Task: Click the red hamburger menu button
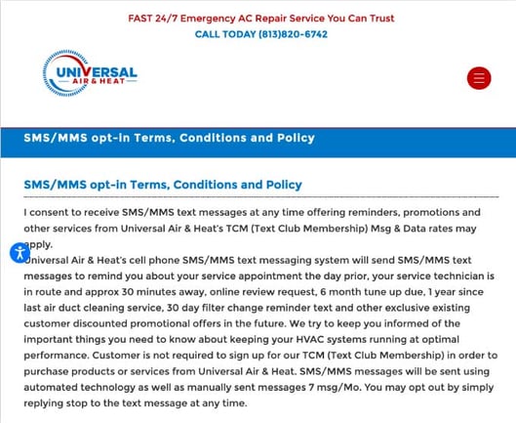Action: click(x=479, y=78)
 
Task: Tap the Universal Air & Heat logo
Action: click(x=90, y=73)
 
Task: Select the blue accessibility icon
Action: click(x=20, y=253)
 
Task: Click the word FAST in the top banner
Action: click(x=142, y=18)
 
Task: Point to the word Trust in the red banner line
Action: click(x=377, y=18)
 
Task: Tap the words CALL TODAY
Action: click(x=221, y=34)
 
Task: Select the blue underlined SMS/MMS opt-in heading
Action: click(x=163, y=185)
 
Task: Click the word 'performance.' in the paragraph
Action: click(x=57, y=355)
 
